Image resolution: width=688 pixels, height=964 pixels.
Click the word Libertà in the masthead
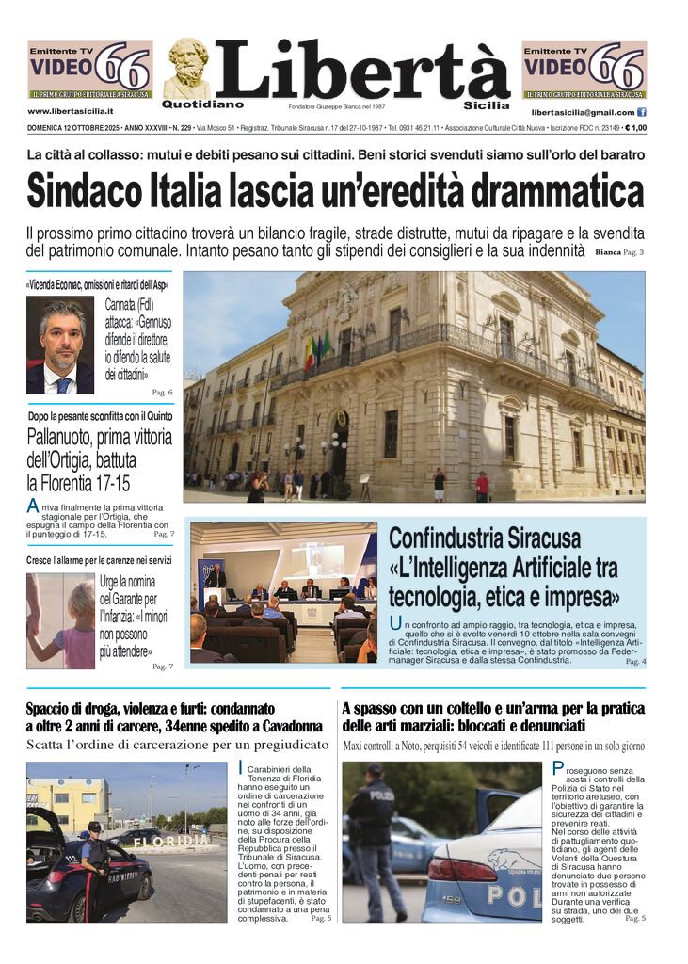(x=362, y=71)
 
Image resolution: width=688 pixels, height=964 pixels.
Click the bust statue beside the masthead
(x=187, y=68)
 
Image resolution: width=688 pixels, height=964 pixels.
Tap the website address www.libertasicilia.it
(x=72, y=112)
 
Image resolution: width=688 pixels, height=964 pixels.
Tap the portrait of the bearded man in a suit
(x=60, y=345)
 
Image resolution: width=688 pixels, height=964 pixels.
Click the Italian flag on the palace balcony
(x=310, y=354)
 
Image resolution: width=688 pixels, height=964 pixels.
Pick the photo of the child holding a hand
(x=60, y=620)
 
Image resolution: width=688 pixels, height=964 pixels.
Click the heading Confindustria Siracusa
(x=485, y=539)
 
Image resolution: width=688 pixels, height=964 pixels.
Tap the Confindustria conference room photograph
(x=283, y=593)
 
